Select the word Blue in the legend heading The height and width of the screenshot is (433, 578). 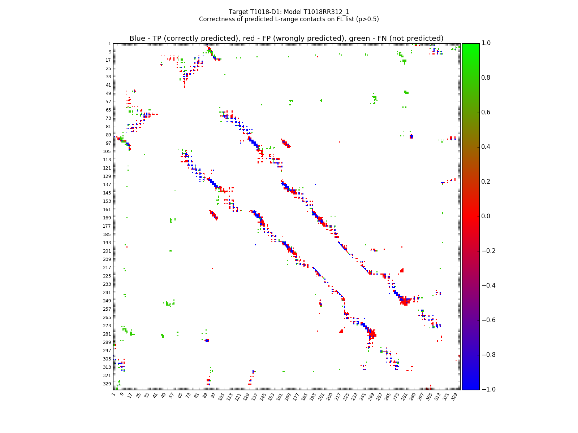[137, 39]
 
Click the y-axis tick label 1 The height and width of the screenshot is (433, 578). [109, 44]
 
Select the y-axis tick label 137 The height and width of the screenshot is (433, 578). [107, 185]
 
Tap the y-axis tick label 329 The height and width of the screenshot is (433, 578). [107, 384]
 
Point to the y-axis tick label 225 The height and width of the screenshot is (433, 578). [107, 276]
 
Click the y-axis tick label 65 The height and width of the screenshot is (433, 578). [108, 110]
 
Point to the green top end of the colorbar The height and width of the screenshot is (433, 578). [471, 45]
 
